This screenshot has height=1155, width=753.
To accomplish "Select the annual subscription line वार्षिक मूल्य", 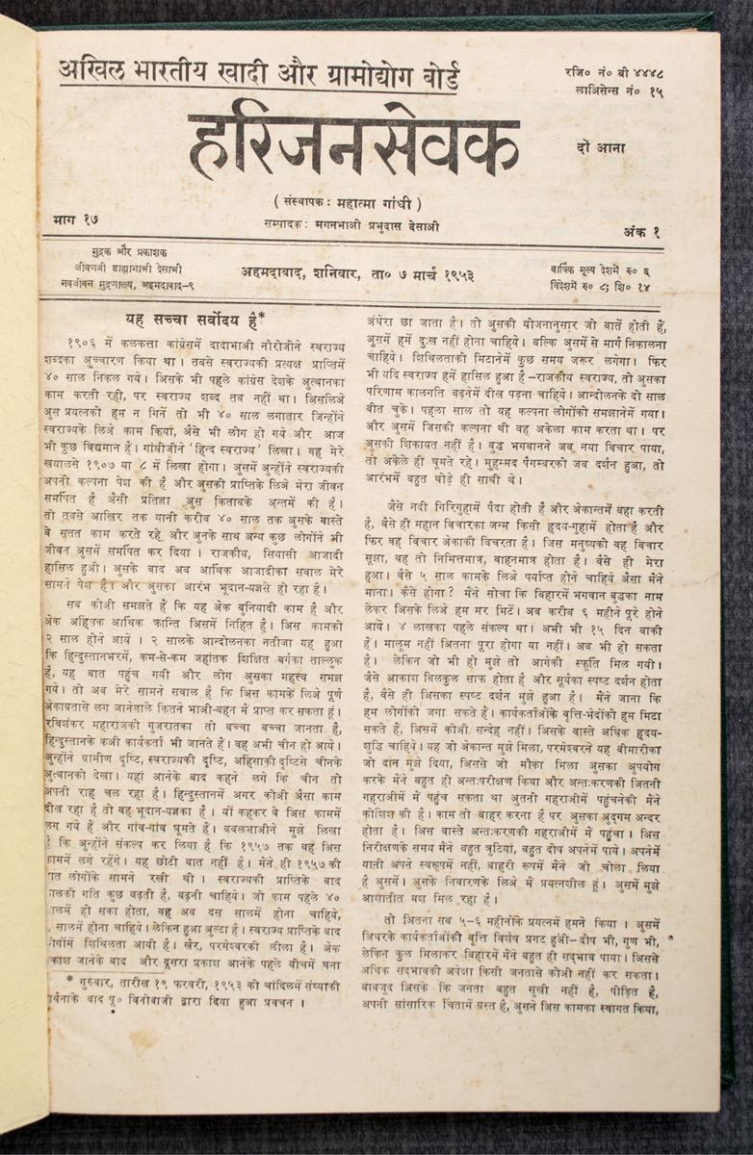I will click(613, 269).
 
